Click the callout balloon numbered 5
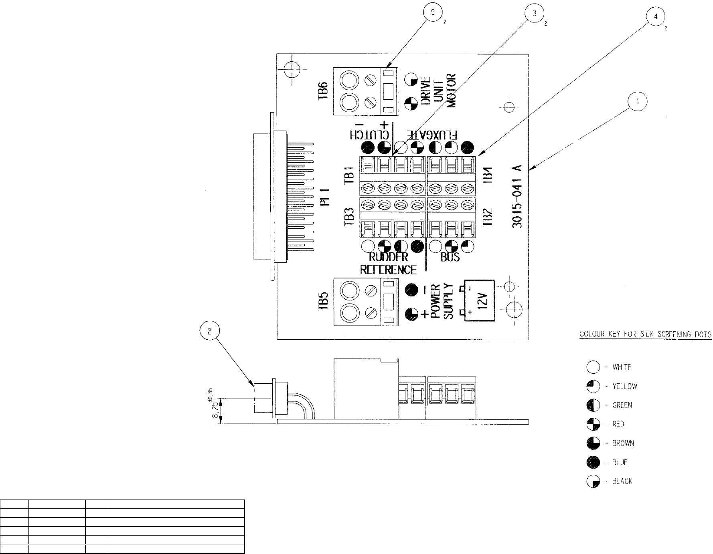pyautogui.click(x=432, y=13)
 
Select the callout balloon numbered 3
pyautogui.click(x=533, y=13)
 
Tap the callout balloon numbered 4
pyautogui.click(x=655, y=18)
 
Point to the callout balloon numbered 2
pyautogui.click(x=209, y=331)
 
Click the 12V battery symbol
pyautogui.click(x=479, y=300)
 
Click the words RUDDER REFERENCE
pyautogui.click(x=388, y=263)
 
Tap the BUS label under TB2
pyautogui.click(x=450, y=257)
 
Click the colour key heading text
pyautogui.click(x=645, y=334)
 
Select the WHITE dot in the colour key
pyautogui.click(x=593, y=367)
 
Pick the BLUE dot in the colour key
pyautogui.click(x=593, y=462)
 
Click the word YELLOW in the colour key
pyautogui.click(x=625, y=387)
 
